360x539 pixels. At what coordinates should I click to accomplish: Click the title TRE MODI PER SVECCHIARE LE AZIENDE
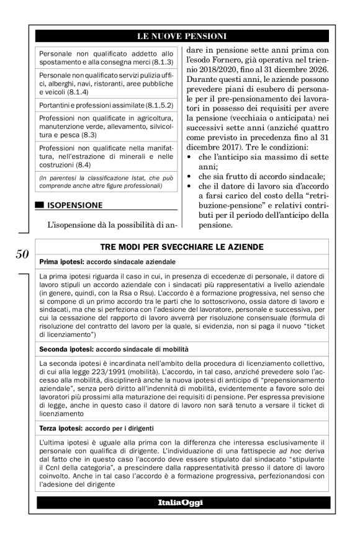click(x=180, y=247)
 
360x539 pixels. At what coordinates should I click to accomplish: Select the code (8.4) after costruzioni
click(x=79, y=166)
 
